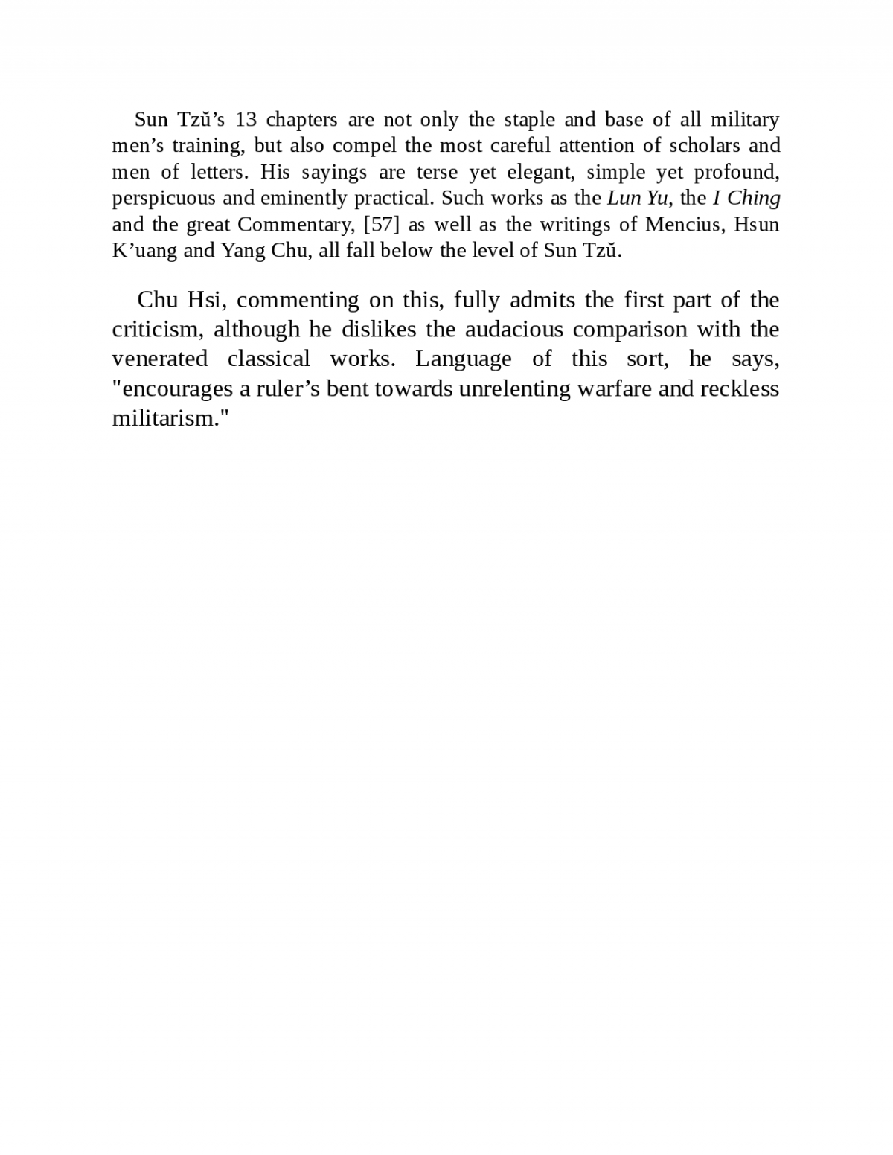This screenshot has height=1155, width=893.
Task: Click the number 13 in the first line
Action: [x=246, y=119]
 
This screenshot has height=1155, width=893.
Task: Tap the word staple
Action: [x=529, y=120]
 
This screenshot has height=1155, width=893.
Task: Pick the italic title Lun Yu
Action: [x=637, y=198]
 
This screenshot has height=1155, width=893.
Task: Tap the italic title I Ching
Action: [x=746, y=198]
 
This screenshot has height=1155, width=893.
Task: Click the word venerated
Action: [x=159, y=359]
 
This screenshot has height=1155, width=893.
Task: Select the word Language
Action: [x=463, y=359]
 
